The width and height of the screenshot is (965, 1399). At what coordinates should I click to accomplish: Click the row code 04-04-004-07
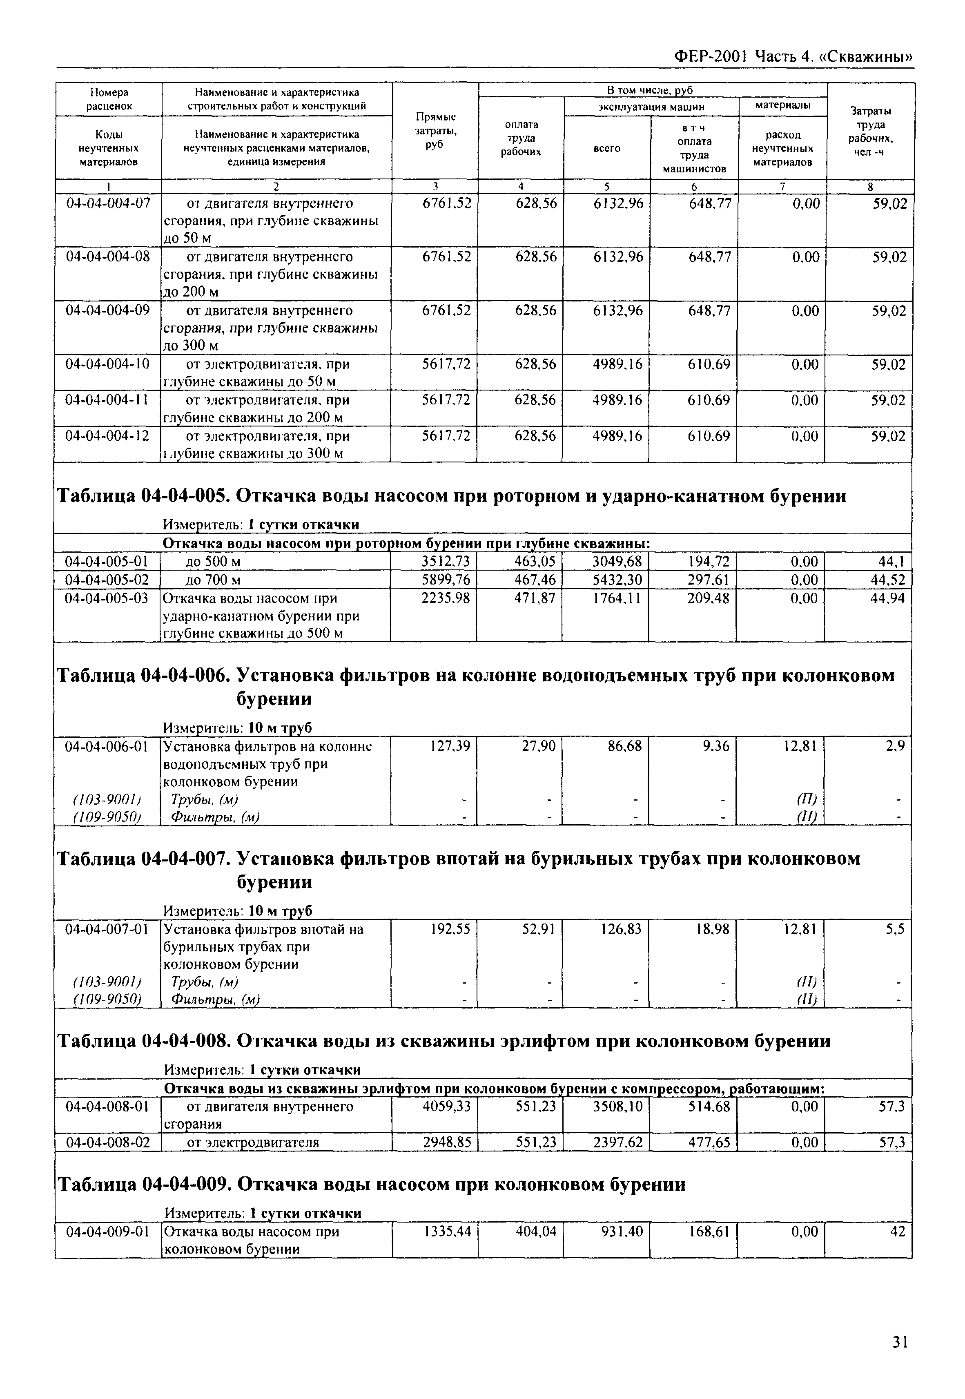pos(108,204)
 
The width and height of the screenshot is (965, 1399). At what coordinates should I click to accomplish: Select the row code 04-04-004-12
pos(108,436)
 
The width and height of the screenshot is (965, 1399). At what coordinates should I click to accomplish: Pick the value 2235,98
pos(446,598)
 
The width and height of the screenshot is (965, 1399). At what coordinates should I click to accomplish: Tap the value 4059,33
pos(446,1107)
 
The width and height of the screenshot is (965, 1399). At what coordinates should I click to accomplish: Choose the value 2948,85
pos(446,1142)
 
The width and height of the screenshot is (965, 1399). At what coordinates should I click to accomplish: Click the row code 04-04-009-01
pos(108,1232)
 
